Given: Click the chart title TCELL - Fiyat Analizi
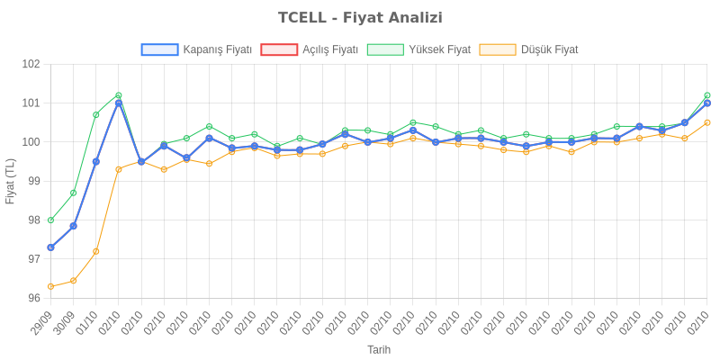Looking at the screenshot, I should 360,18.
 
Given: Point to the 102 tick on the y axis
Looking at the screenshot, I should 31,65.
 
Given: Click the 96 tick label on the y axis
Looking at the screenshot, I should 33,298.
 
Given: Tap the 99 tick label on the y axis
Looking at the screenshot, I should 33,181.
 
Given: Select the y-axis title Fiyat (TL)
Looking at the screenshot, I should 11,181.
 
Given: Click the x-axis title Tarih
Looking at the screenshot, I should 379,349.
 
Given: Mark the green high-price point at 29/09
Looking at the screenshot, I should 50,220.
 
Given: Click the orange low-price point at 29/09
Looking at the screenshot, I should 50,286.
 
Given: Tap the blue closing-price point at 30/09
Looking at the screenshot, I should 73,226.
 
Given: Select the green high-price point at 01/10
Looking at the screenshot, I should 95,114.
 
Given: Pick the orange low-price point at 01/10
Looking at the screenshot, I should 95,251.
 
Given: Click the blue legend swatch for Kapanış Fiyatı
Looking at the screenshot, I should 159,49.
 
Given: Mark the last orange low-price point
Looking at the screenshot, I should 706,122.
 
